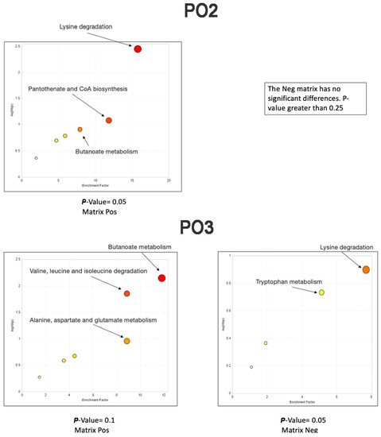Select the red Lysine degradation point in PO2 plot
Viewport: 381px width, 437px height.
[138, 49]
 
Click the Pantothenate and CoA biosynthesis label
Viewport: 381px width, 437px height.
[78, 88]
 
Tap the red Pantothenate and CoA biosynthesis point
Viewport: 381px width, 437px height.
[109, 120]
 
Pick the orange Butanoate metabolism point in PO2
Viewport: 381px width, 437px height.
[80, 130]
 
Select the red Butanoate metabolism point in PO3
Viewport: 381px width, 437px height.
[161, 278]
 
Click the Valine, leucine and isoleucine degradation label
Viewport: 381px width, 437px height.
[88, 272]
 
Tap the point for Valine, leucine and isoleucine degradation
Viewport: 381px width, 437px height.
[126, 294]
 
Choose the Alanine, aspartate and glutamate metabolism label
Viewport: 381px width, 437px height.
[89, 319]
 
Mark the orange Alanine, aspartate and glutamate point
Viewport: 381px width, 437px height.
[126, 341]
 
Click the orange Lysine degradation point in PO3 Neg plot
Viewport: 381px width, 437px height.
[366, 270]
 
